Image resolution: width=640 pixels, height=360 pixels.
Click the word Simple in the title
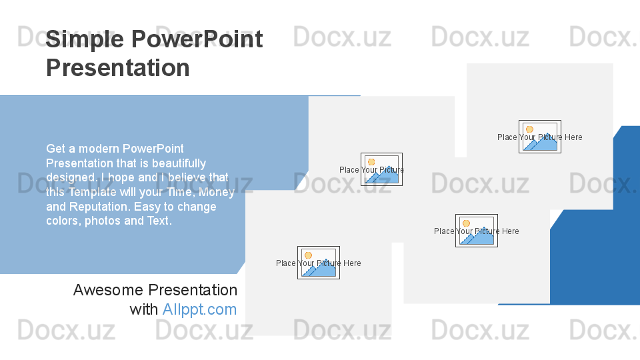click(85, 40)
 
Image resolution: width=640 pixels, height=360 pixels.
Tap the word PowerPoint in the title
click(197, 39)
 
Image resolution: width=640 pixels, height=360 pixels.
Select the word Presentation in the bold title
click(117, 67)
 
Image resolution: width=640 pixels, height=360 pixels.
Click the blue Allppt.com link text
click(199, 309)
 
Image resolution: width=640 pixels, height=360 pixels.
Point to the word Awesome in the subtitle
click(108, 290)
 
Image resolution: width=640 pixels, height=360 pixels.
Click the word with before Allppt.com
click(144, 309)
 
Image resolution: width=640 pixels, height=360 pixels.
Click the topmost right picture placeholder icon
click(540, 137)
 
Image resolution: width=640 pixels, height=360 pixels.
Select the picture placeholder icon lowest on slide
click(319, 263)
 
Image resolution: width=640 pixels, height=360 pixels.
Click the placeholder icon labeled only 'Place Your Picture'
click(381, 169)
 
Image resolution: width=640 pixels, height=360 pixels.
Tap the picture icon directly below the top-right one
click(477, 231)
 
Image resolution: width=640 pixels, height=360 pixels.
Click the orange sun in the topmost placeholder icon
click(529, 129)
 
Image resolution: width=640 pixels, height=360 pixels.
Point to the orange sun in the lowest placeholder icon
click(308, 255)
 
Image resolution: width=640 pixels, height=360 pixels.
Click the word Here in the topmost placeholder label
click(573, 137)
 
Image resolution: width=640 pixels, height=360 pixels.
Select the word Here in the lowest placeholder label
click(352, 263)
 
